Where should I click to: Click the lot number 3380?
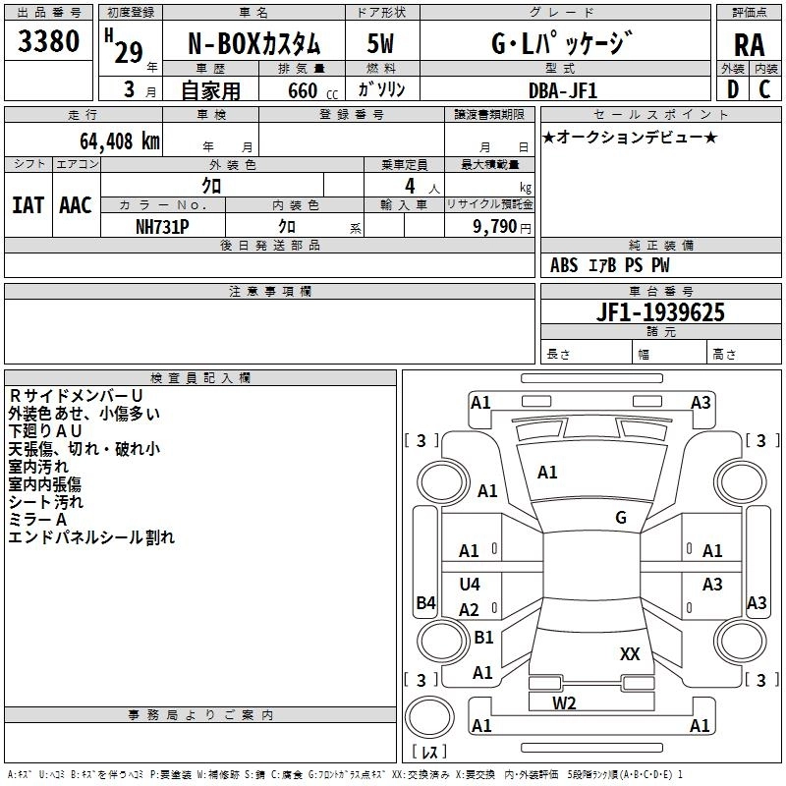click(x=49, y=40)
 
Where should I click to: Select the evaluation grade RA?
click(x=749, y=43)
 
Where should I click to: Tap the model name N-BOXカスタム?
click(x=253, y=43)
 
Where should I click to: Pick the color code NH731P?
click(x=162, y=226)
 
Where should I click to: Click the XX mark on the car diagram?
click(x=630, y=653)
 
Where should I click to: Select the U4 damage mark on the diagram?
click(x=470, y=584)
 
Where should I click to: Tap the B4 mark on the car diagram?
click(x=425, y=603)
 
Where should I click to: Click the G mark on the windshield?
click(x=620, y=518)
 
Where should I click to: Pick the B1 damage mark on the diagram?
click(x=483, y=638)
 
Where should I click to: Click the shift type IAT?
click(x=28, y=205)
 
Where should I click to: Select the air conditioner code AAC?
click(x=76, y=205)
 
